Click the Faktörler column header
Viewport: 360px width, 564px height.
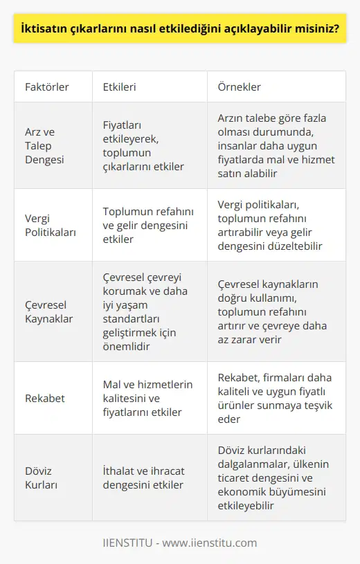click(47, 88)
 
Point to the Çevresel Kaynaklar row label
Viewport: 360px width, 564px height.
click(48, 311)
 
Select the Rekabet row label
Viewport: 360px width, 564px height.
click(45, 398)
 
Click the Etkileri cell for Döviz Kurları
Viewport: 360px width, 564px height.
click(143, 477)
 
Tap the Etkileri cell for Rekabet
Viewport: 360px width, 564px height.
click(147, 398)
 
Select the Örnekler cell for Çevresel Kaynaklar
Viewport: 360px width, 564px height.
click(272, 311)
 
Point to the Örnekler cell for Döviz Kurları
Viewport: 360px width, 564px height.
click(273, 477)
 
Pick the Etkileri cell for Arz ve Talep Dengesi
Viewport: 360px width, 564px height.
click(143, 145)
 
